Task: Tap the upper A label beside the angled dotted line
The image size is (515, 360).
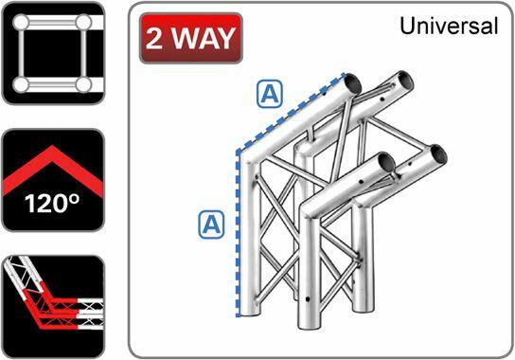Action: (271, 93)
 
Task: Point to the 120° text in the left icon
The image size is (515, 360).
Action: (52, 204)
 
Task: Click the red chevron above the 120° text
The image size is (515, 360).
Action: (52, 169)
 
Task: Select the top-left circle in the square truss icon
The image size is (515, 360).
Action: (19, 21)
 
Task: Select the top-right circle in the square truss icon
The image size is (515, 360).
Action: (84, 21)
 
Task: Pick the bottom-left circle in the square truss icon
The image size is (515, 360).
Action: (19, 85)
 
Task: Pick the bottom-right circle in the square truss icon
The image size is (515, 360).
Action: (84, 85)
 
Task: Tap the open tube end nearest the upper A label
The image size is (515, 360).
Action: (351, 83)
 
